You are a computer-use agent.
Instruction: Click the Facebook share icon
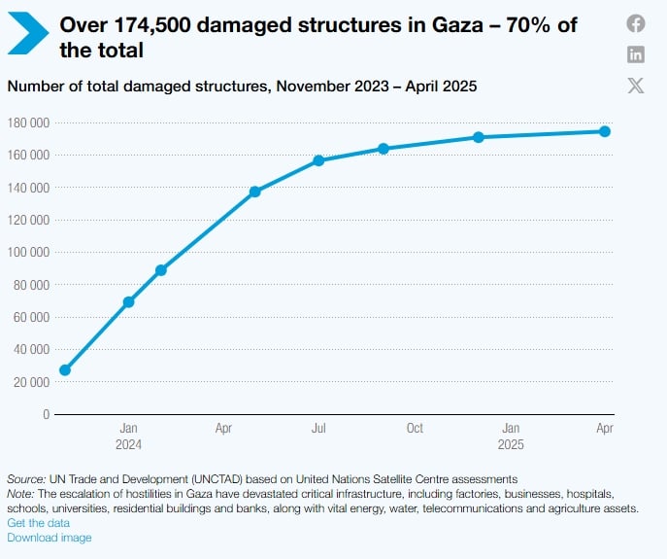click(636, 23)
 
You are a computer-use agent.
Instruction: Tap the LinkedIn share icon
click(636, 54)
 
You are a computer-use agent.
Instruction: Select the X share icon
click(636, 86)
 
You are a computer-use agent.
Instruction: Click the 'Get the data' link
click(39, 523)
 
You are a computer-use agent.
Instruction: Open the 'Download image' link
click(50, 538)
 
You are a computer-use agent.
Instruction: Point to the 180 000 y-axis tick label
click(29, 122)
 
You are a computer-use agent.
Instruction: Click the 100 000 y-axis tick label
click(29, 252)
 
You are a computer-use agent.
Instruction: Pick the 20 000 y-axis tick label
click(31, 382)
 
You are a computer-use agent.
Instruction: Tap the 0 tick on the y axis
click(46, 414)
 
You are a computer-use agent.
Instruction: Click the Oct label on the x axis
click(415, 429)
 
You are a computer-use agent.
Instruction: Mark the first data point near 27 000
click(65, 370)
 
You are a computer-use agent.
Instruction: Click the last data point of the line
click(605, 131)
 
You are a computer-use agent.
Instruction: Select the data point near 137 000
click(255, 192)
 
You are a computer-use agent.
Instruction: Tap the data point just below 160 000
click(318, 160)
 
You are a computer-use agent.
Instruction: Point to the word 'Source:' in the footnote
click(26, 479)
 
